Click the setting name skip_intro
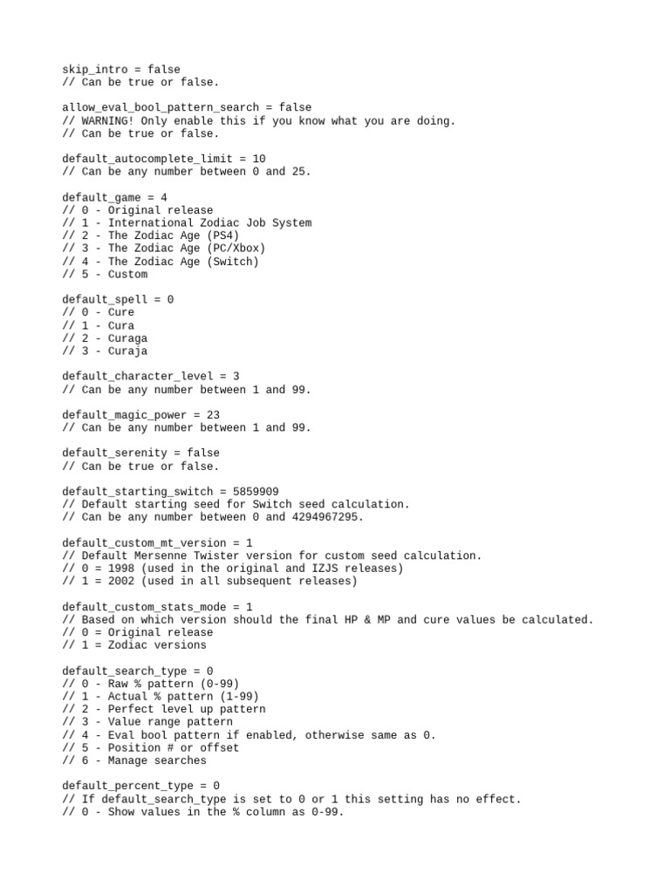[94, 69]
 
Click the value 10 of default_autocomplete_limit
[258, 159]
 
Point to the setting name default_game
[101, 197]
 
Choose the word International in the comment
[150, 222]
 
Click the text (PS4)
[222, 235]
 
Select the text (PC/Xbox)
[236, 249]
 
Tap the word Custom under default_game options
[127, 274]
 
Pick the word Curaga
[127, 338]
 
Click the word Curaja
[127, 351]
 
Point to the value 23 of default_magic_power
[213, 415]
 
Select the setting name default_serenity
[114, 453]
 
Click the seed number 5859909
[256, 491]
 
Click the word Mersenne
[160, 556]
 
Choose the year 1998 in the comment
[121, 568]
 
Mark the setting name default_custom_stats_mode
[144, 606]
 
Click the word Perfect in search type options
[131, 709]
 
